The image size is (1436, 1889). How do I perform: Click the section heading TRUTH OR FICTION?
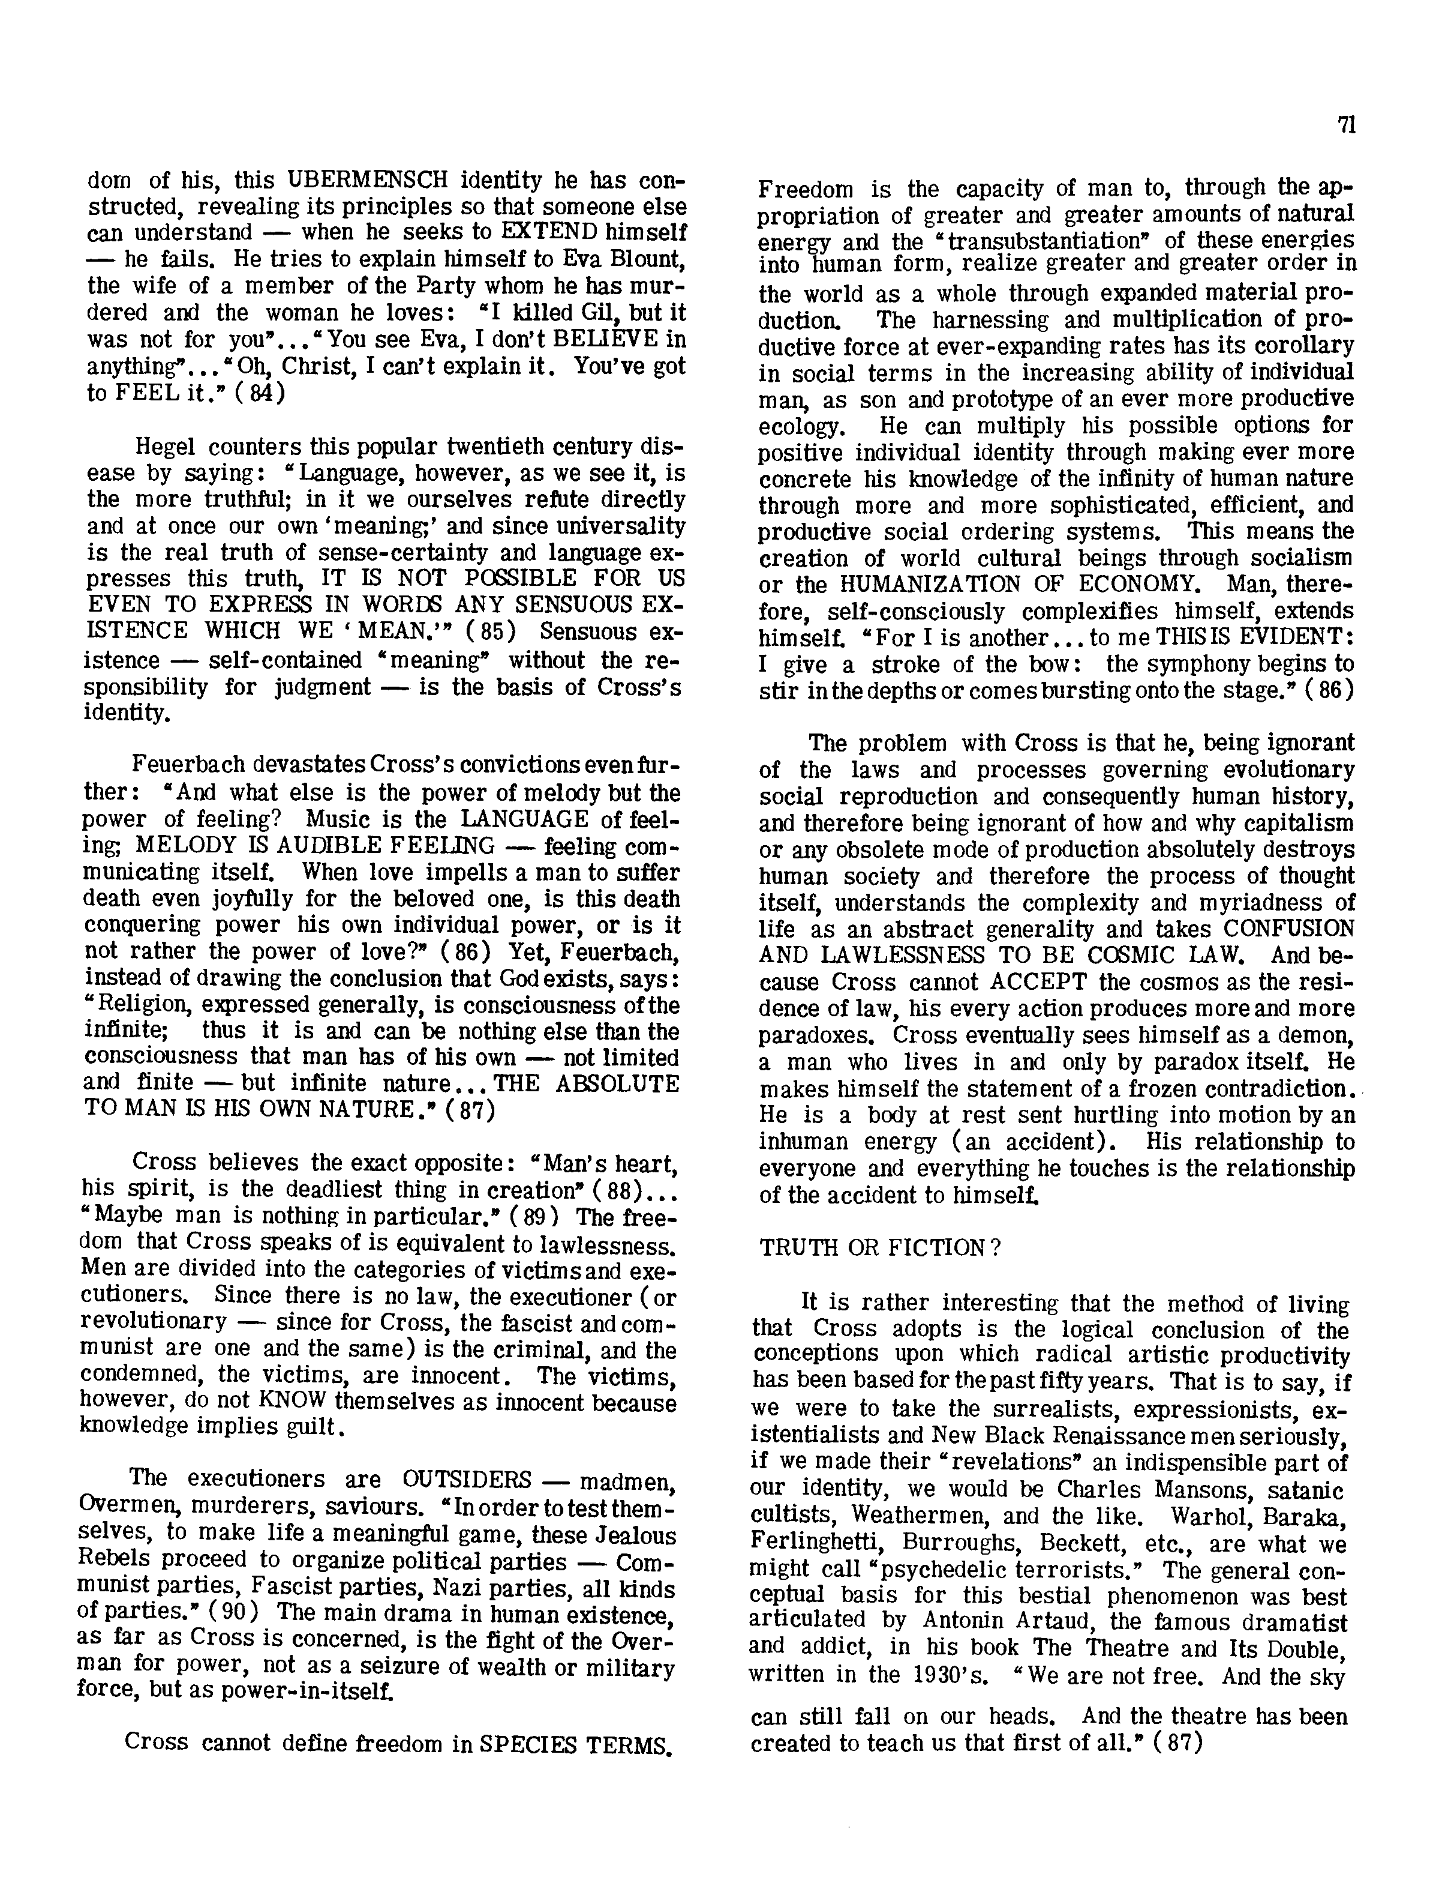pos(881,1248)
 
